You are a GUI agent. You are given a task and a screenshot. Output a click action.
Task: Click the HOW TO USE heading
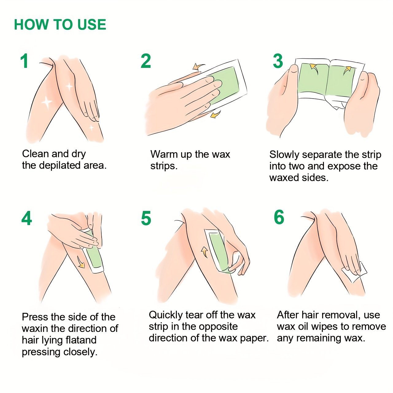pos(60,25)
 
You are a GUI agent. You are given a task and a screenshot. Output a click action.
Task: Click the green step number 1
pos(25,61)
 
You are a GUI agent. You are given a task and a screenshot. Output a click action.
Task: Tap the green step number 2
pos(146,61)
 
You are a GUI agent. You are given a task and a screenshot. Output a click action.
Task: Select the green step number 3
pos(278,61)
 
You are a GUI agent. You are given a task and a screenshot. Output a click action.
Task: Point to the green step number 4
pos(26,218)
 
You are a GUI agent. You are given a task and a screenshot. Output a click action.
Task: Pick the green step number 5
pos(146,218)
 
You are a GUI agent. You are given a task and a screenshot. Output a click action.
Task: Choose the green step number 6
pos(279,217)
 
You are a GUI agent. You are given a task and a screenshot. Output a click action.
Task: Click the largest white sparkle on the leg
pos(47,102)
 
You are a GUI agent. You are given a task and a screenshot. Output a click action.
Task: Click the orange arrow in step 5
pos(204,252)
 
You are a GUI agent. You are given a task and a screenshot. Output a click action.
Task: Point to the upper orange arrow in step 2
pos(198,66)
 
